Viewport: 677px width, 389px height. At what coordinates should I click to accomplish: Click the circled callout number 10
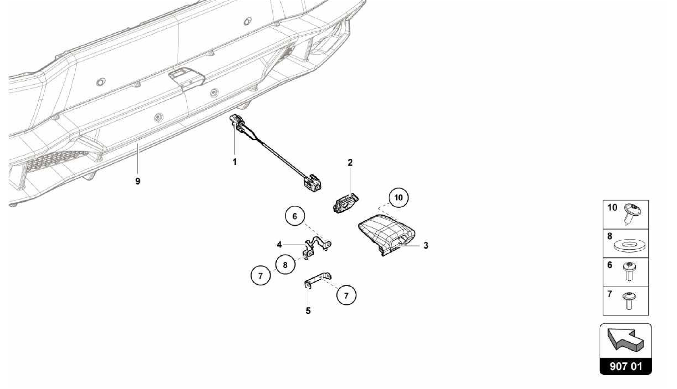coord(398,197)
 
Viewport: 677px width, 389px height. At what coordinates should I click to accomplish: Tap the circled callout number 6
coord(295,216)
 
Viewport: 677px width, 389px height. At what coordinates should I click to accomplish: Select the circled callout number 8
coord(285,265)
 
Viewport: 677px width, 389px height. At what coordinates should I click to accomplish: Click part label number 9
coord(138,181)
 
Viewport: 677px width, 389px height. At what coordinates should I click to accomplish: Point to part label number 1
coord(235,162)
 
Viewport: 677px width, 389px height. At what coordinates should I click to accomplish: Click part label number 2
coord(350,162)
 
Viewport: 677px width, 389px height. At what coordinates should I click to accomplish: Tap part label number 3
coord(426,245)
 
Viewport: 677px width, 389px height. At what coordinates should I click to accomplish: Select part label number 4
coord(279,245)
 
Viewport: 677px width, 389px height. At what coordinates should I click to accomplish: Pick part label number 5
coord(308,311)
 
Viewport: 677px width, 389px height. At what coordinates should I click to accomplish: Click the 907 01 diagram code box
coord(626,367)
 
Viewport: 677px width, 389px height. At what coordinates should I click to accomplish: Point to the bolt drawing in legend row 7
coord(629,301)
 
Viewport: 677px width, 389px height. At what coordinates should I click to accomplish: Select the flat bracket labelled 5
coord(318,280)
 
